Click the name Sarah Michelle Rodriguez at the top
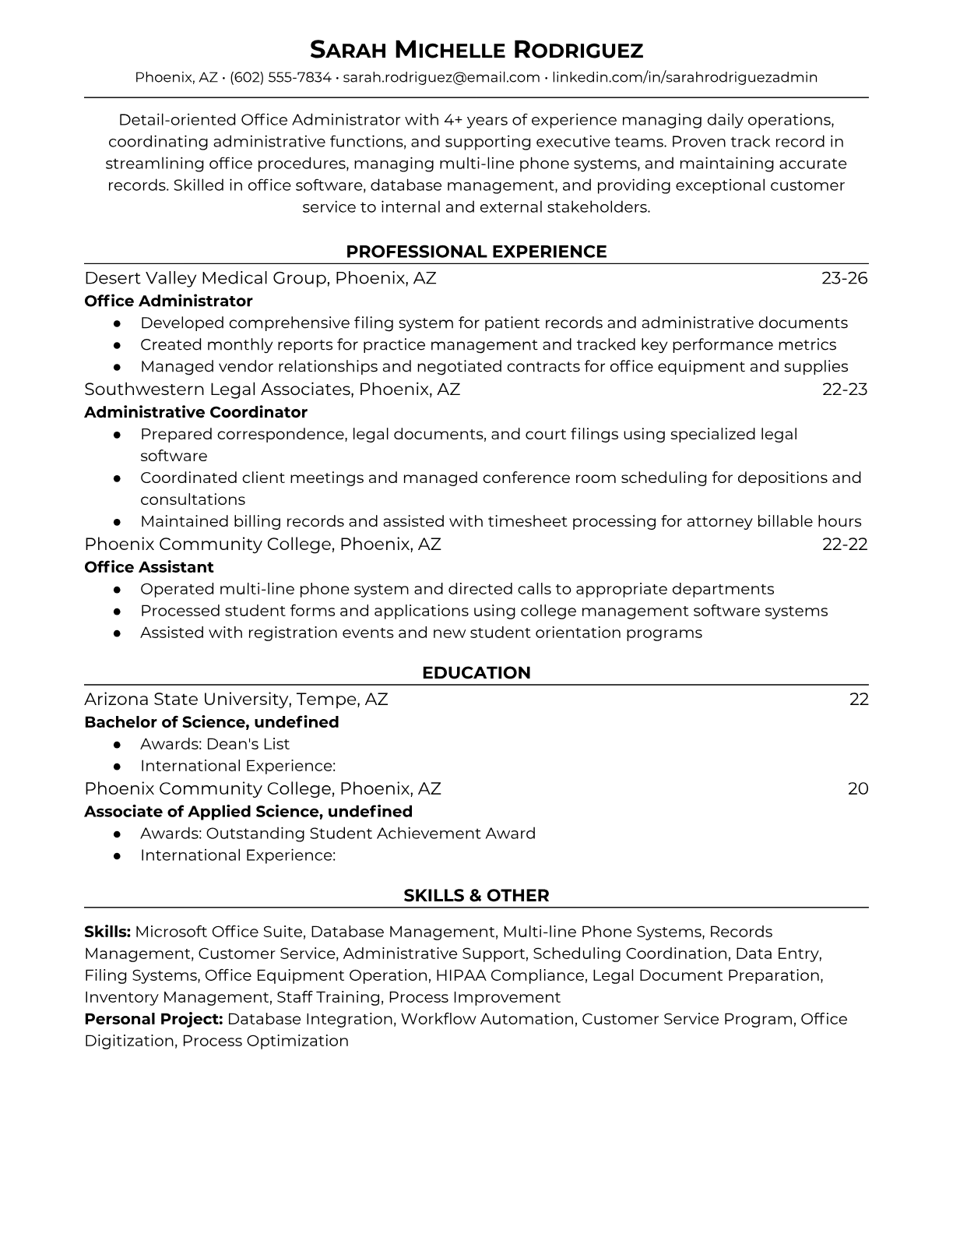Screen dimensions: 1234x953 click(476, 51)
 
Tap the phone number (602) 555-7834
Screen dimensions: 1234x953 click(280, 77)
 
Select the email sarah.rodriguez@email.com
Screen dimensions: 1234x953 click(441, 77)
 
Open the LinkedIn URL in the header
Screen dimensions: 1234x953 click(684, 77)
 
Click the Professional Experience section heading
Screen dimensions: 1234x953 click(476, 252)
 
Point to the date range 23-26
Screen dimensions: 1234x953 click(844, 278)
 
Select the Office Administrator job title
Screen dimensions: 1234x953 click(168, 301)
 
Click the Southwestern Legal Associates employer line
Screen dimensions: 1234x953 click(272, 389)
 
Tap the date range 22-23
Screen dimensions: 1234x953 click(844, 389)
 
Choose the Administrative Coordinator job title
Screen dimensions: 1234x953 click(195, 412)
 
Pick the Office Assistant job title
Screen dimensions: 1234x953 click(149, 567)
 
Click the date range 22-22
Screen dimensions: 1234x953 click(844, 544)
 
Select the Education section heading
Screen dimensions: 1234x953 click(476, 673)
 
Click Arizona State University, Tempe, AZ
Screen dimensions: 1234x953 click(236, 699)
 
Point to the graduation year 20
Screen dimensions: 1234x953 click(857, 788)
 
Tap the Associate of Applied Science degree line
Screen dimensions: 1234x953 click(248, 812)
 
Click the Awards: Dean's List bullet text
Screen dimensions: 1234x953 click(215, 744)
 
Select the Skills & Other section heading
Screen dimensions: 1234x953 click(476, 896)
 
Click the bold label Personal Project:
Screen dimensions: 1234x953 click(153, 1019)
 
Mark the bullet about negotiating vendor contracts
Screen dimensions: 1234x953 click(494, 366)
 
